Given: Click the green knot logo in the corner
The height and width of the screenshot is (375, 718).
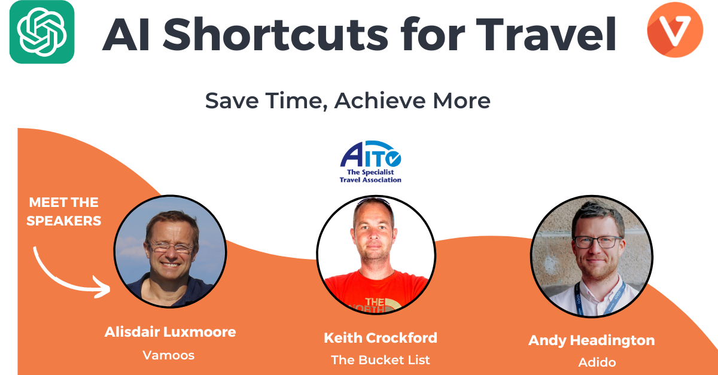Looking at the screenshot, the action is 42,32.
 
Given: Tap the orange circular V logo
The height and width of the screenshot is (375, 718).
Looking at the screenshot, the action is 675,30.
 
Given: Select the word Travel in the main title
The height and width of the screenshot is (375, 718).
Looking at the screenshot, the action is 546,34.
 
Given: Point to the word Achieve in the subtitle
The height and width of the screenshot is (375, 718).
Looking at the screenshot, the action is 380,100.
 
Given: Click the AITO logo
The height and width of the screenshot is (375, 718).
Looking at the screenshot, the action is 370,161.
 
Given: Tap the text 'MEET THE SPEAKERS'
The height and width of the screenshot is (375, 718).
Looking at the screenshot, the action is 64,212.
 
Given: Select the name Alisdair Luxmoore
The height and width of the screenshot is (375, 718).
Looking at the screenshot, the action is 170,332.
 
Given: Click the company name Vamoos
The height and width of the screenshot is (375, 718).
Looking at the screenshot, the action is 169,355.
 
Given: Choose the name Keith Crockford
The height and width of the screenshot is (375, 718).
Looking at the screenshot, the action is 381,338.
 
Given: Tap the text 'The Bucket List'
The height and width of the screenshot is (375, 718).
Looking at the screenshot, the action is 381,360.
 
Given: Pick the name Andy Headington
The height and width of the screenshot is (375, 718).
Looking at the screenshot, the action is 591,340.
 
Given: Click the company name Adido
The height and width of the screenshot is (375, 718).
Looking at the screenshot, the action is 597,362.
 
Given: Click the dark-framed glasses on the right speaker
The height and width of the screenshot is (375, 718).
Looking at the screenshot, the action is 598,242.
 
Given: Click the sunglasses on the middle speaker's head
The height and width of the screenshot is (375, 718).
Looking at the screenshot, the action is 373,202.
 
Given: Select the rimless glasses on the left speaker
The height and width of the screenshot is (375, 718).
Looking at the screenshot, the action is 172,248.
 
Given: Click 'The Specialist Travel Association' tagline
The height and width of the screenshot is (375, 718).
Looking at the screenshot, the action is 370,176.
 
